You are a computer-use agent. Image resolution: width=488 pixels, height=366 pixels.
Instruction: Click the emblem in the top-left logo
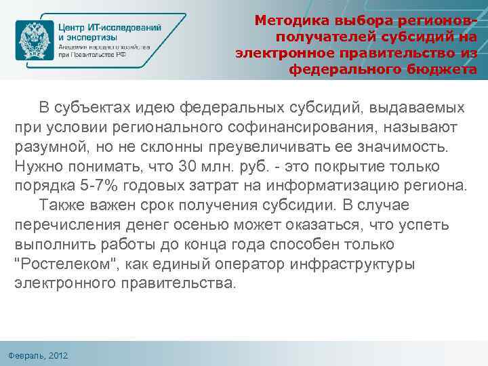tap(36, 41)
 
